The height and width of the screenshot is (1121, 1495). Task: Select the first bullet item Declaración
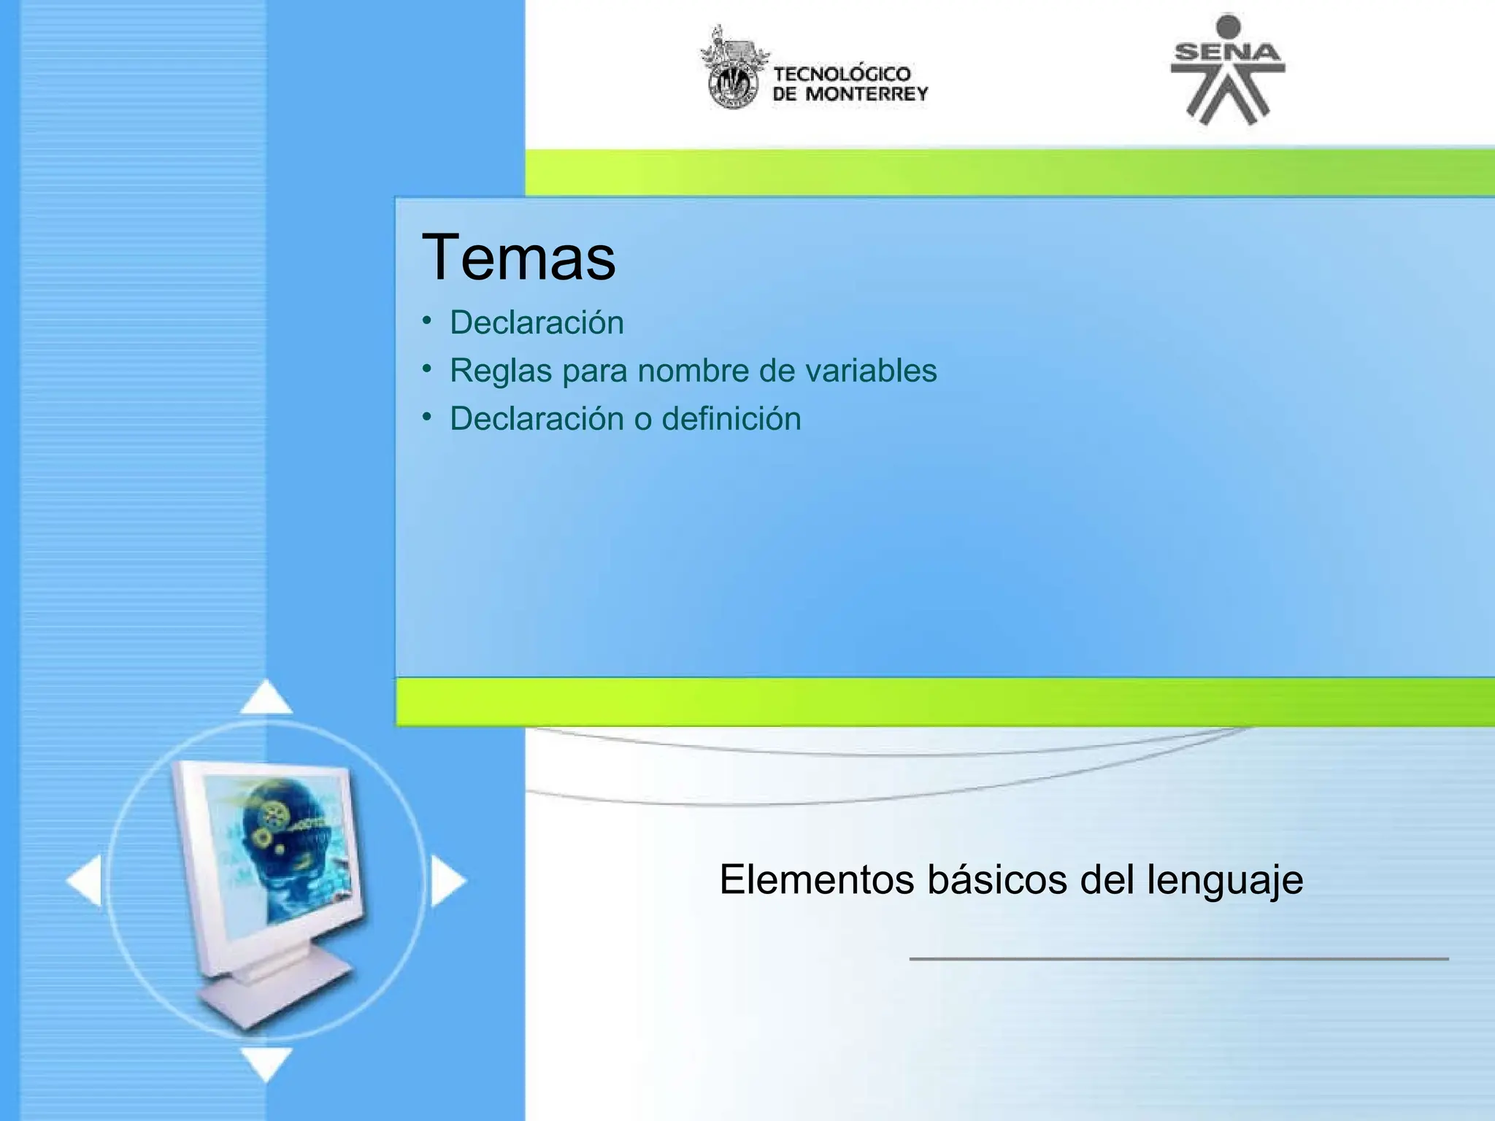tap(537, 323)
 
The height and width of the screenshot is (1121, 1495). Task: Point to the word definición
tap(731, 419)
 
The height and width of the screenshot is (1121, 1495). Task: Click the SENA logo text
tap(1227, 52)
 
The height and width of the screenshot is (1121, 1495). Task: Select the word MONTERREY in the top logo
tap(866, 94)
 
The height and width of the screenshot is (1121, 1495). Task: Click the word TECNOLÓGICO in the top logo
tap(842, 74)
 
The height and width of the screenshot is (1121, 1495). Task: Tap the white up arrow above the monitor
tap(266, 698)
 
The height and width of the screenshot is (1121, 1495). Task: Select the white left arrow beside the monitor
tap(85, 881)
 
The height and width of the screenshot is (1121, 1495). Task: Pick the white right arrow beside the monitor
tap(447, 881)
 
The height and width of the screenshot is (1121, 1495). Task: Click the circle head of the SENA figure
tap(1228, 26)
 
